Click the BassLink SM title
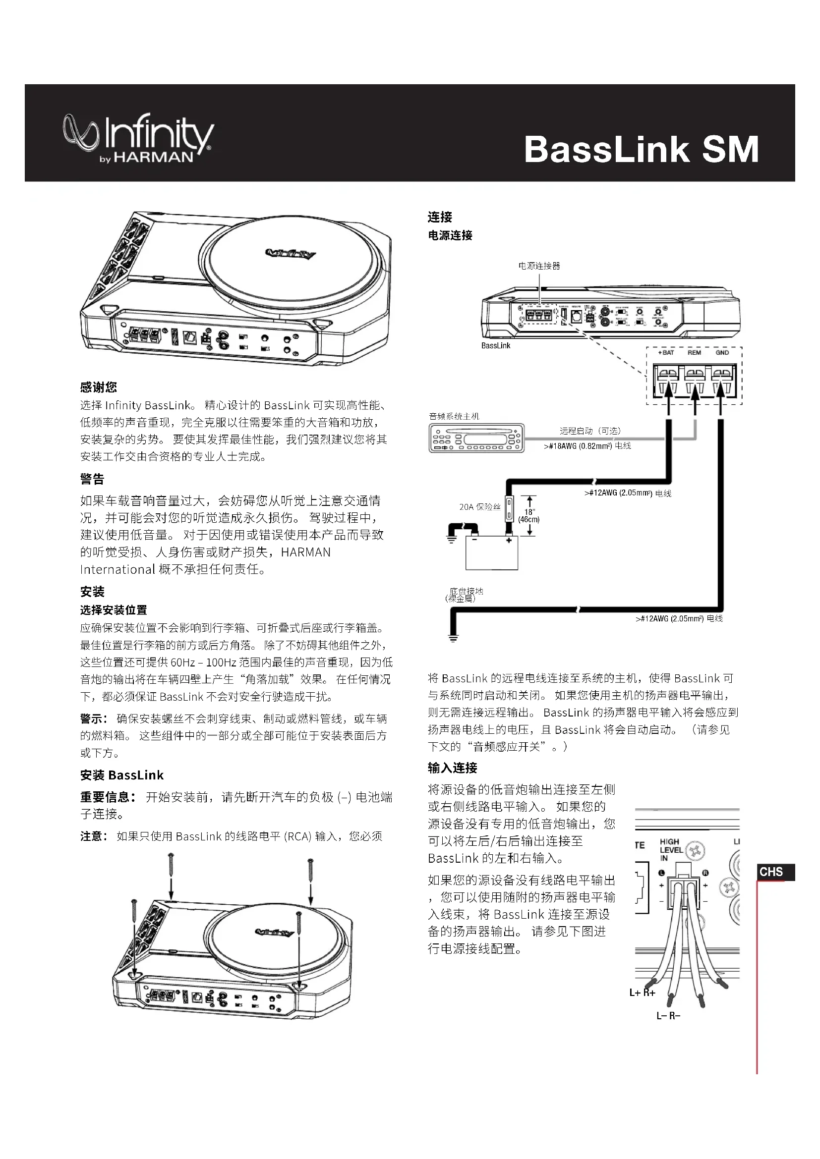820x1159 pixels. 641,149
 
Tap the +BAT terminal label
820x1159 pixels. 666,352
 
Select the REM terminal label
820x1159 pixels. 694,352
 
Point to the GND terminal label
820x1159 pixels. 722,352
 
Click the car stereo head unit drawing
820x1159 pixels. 476,437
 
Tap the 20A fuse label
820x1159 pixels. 480,506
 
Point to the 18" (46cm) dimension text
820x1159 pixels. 528,515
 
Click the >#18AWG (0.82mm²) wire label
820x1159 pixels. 587,446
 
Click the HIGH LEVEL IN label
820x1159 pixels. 671,850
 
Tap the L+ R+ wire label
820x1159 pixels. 642,993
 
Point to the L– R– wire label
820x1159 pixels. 668,1015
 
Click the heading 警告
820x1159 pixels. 92,479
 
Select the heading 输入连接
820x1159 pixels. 453,768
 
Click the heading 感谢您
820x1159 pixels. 99,387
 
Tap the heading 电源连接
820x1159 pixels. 450,235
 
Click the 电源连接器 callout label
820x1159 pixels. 539,266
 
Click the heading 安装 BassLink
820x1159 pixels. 121,775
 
